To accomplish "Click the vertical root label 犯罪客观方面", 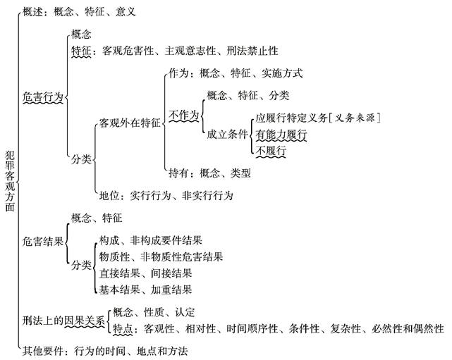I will click(x=9, y=180).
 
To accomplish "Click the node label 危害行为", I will click(x=42, y=98).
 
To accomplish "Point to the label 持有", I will click(x=178, y=173).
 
